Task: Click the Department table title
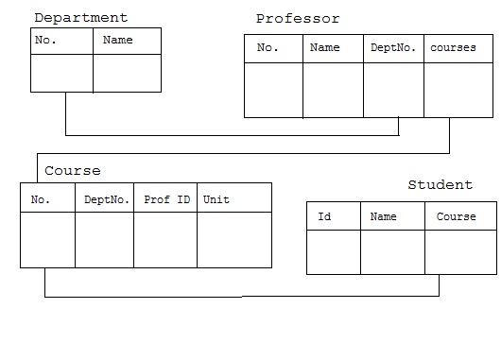pyautogui.click(x=80, y=18)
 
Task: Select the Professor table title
pyautogui.click(x=298, y=19)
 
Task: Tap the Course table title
pyautogui.click(x=72, y=171)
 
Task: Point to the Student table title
pyautogui.click(x=440, y=184)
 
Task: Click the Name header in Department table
pyautogui.click(x=117, y=41)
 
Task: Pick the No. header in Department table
pyautogui.click(x=45, y=41)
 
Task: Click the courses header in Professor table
pyautogui.click(x=453, y=48)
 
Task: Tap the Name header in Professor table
pyautogui.click(x=324, y=48)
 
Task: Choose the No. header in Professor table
pyautogui.click(x=268, y=48)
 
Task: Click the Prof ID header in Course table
pyautogui.click(x=166, y=199)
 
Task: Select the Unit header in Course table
pyautogui.click(x=216, y=199)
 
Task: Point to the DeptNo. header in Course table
pyautogui.click(x=107, y=199)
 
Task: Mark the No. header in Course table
pyautogui.click(x=41, y=199)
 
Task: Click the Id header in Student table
pyautogui.click(x=324, y=216)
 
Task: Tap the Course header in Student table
pyautogui.click(x=456, y=216)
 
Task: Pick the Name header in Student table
pyautogui.click(x=383, y=216)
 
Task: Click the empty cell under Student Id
pyautogui.click(x=333, y=252)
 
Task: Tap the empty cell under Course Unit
pyautogui.click(x=233, y=240)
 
